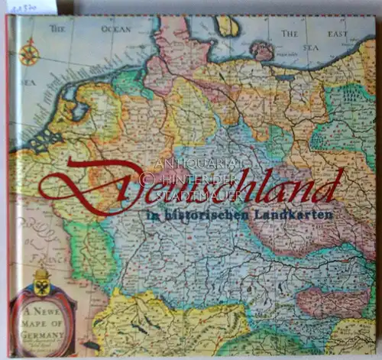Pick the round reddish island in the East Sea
pos(262,50)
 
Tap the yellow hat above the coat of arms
pos(41,273)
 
